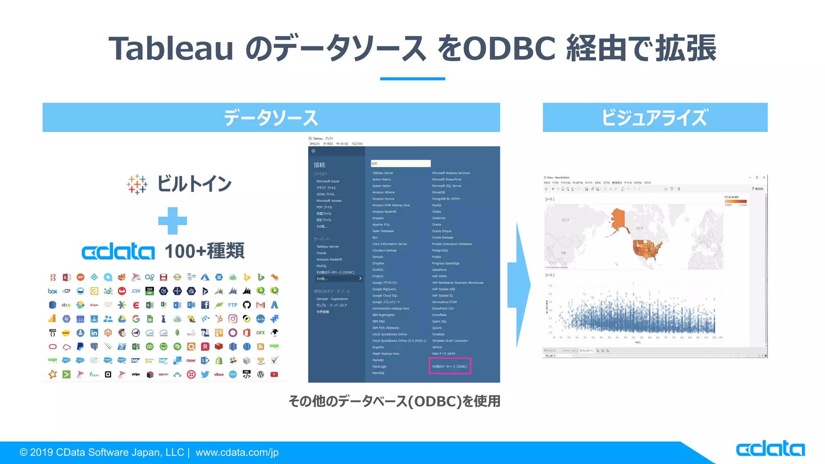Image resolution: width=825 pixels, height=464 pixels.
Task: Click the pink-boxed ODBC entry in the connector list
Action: pyautogui.click(x=450, y=366)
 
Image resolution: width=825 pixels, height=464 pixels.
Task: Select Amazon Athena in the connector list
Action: pyautogui.click(x=383, y=192)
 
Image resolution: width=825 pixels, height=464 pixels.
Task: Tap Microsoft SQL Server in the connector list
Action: pyautogui.click(x=446, y=186)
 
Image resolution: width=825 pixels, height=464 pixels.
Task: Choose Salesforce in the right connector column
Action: pyautogui.click(x=439, y=269)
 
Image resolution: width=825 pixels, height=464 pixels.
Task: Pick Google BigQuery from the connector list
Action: pyautogui.click(x=384, y=289)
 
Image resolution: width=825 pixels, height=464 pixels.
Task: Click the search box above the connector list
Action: pyautogui.click(x=400, y=163)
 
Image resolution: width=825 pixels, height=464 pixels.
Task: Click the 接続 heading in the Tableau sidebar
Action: pyautogui.click(x=319, y=165)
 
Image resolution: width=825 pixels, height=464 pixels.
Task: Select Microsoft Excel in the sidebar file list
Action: pyautogui.click(x=328, y=181)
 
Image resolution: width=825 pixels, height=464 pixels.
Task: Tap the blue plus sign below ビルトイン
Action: pyautogui.click(x=172, y=221)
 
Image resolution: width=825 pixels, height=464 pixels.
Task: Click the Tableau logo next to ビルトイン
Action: pyautogui.click(x=137, y=184)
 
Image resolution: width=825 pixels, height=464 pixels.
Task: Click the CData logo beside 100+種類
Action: pyautogui.click(x=118, y=252)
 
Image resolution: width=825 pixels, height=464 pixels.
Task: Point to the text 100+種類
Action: pyautogui.click(x=204, y=251)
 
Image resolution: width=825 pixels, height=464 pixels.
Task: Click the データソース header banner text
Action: pyautogui.click(x=271, y=118)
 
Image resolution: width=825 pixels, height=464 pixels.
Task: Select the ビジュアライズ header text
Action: pyautogui.click(x=654, y=118)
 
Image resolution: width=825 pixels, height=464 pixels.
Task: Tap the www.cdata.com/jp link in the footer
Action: pyautogui.click(x=237, y=452)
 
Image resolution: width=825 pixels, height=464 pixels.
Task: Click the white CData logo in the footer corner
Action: pyautogui.click(x=770, y=449)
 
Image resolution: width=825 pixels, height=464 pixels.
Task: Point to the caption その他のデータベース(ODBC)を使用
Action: pyautogui.click(x=394, y=401)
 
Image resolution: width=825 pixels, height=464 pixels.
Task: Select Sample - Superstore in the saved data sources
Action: pyautogui.click(x=332, y=299)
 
